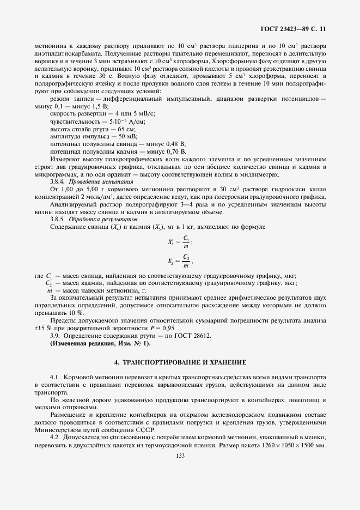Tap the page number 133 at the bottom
pyautogui.click(x=180, y=456)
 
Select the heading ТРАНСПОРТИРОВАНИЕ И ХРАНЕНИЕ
pyautogui.click(x=180, y=362)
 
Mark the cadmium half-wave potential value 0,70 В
pyautogui.click(x=174, y=150)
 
